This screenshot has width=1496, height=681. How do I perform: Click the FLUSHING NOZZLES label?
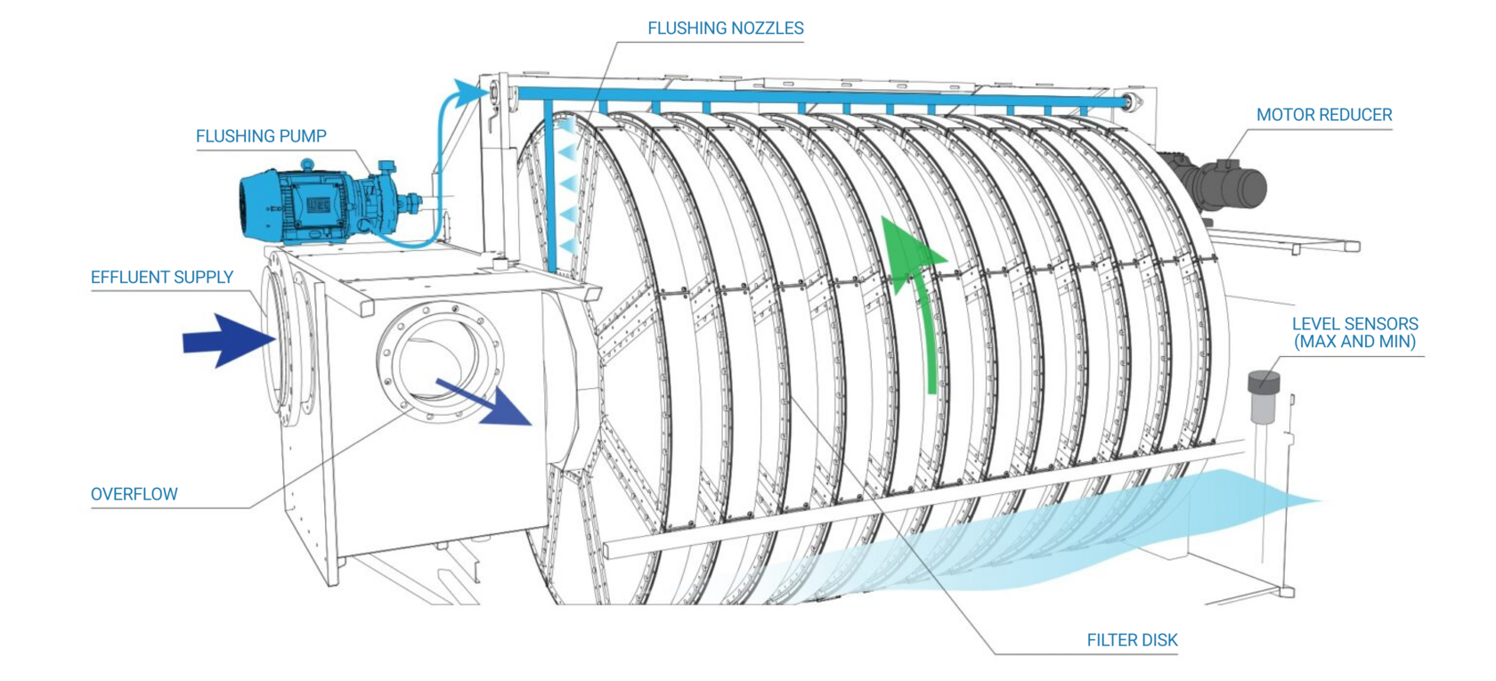pyautogui.click(x=725, y=28)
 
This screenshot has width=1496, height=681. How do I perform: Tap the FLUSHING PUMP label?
pyautogui.click(x=261, y=136)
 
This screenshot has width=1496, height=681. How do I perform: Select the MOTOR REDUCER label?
pyautogui.click(x=1323, y=115)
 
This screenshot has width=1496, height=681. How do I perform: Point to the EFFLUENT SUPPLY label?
pyautogui.click(x=162, y=277)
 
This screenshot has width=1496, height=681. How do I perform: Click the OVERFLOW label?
pyautogui.click(x=134, y=494)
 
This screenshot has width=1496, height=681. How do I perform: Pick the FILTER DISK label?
pyautogui.click(x=1132, y=640)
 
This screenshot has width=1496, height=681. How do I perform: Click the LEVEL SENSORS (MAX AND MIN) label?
pyautogui.click(x=1354, y=333)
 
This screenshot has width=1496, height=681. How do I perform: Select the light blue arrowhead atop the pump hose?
pyautogui.click(x=467, y=93)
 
